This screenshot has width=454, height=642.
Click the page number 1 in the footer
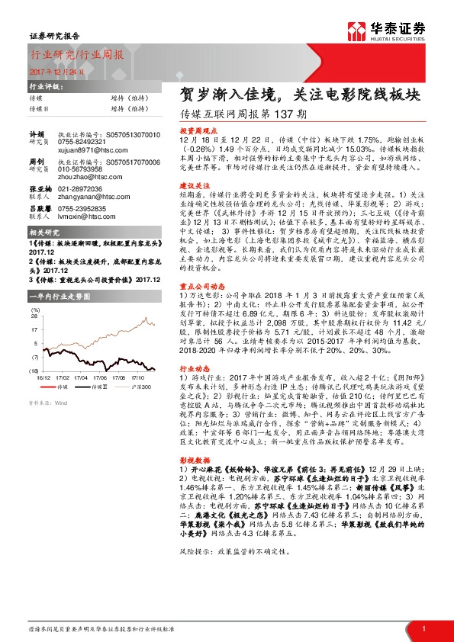(423, 628)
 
